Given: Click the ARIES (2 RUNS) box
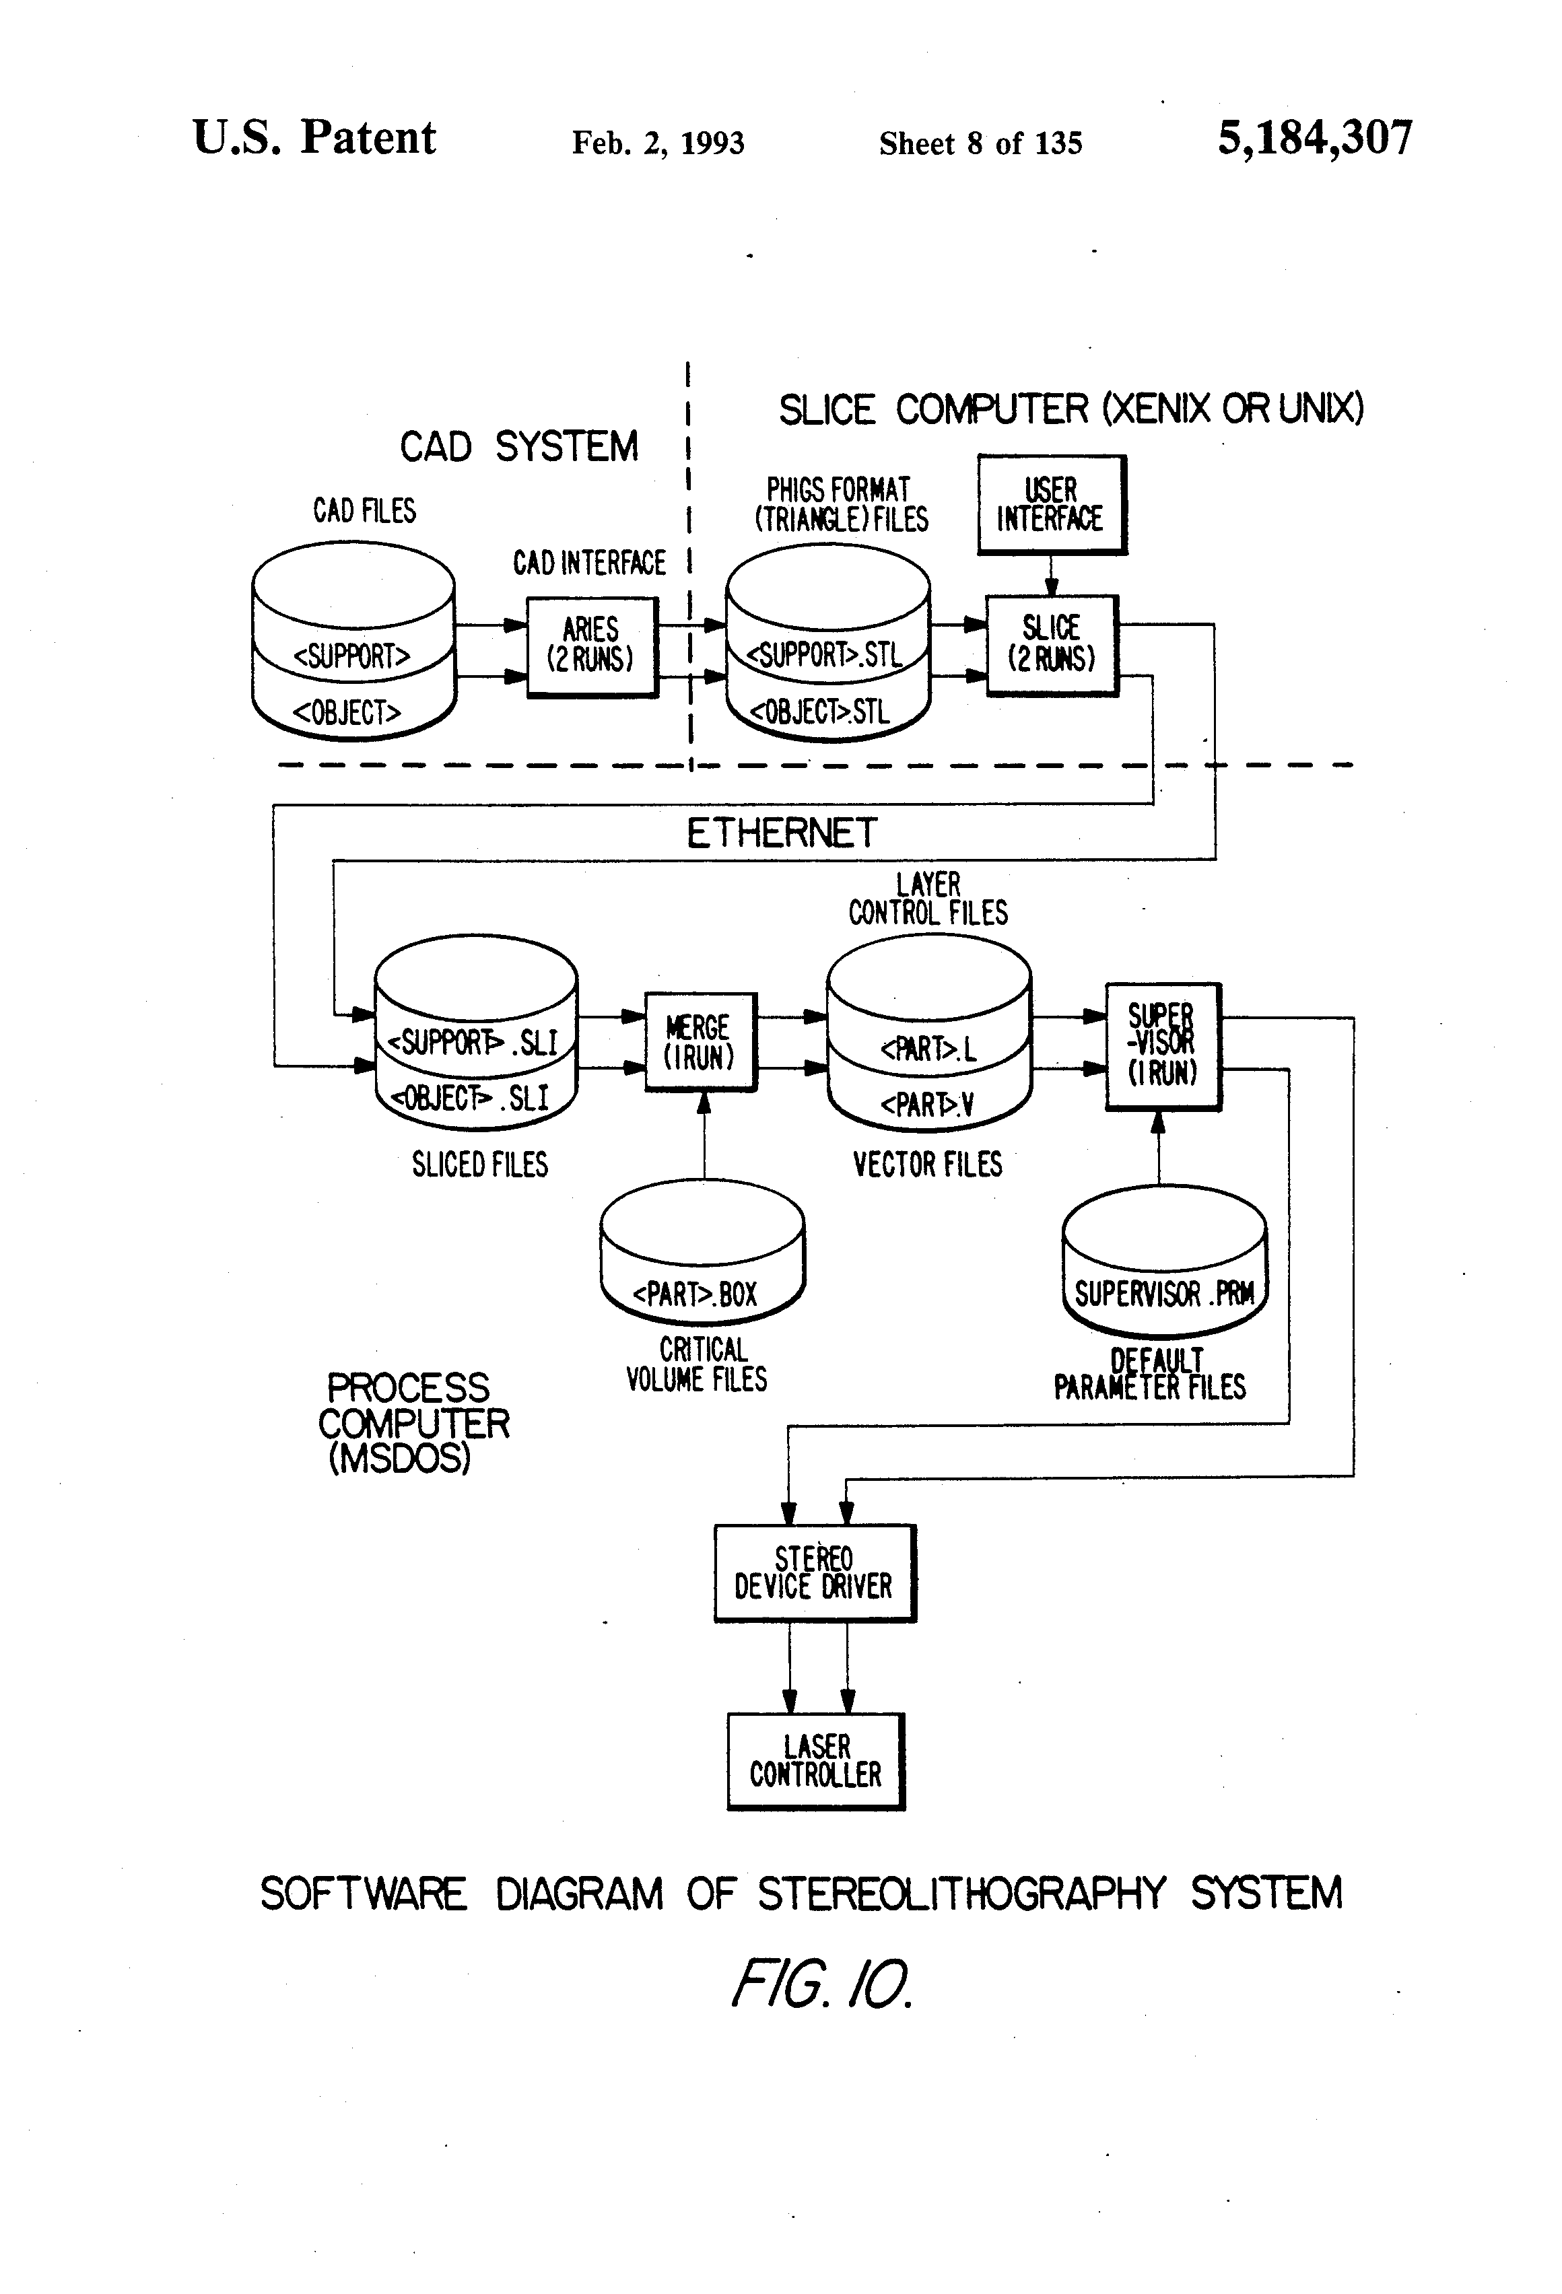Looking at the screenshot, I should click(591, 647).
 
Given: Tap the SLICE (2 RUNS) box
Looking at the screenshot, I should click(1052, 645).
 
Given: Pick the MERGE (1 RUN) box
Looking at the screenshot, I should click(700, 1041).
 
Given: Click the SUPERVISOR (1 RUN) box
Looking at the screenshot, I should click(1162, 1045).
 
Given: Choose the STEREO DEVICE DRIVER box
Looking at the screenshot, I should click(815, 1572).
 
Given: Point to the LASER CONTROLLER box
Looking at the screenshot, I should click(815, 1761).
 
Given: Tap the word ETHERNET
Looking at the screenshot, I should click(781, 833).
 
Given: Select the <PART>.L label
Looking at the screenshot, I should click(928, 1048).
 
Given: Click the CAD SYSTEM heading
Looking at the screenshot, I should click(518, 446).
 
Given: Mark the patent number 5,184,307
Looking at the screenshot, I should click(1314, 137).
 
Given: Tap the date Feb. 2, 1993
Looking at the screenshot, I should click(658, 143).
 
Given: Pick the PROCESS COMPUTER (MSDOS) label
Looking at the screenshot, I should click(412, 1422).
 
